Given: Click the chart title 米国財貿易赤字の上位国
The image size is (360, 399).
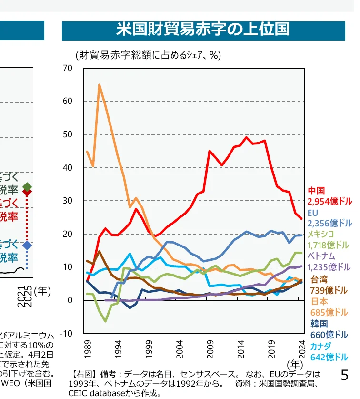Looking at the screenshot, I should tap(203, 30).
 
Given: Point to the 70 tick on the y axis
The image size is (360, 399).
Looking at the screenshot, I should tap(67, 68).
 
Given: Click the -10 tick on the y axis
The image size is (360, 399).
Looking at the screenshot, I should tap(66, 333).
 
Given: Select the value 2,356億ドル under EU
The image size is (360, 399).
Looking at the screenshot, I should tap(330, 224).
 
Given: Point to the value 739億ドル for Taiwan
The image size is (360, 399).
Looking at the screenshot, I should tap(329, 290).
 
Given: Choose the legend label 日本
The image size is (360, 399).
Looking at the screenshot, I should tap(319, 301).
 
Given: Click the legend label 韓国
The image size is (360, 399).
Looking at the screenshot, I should tap(319, 324).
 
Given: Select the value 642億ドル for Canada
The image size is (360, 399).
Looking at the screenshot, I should tap(329, 357).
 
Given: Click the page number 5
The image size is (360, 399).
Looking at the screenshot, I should tap(345, 375).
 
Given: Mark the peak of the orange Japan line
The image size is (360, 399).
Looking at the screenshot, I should tap(99, 85).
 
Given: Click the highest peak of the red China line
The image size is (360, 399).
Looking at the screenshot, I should tap(246, 137).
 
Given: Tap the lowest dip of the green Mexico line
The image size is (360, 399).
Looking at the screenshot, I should tap(105, 321).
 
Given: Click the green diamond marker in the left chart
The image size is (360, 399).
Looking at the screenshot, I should tap(27, 186).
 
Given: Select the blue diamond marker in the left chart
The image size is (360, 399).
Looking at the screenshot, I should tap(27, 245).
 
